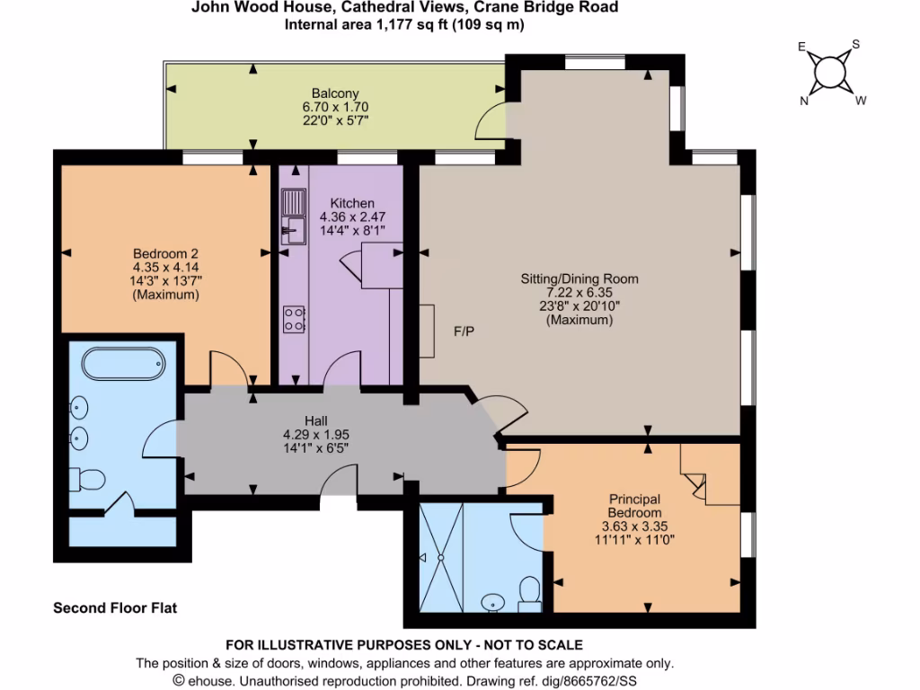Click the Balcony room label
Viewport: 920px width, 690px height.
click(x=335, y=93)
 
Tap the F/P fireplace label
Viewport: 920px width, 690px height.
click(x=464, y=332)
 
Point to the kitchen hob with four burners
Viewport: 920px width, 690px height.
click(x=294, y=318)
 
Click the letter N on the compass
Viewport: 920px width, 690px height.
click(x=804, y=101)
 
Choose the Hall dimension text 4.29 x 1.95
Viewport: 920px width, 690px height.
click(x=315, y=434)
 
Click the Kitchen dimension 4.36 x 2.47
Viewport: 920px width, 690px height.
click(x=352, y=217)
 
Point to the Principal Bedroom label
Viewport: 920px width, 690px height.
click(x=634, y=506)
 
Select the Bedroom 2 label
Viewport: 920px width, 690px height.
click(x=165, y=252)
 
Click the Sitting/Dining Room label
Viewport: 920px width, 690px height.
click(x=579, y=279)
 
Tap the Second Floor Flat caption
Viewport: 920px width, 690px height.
click(x=115, y=608)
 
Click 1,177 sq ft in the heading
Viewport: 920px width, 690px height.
click(x=395, y=25)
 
